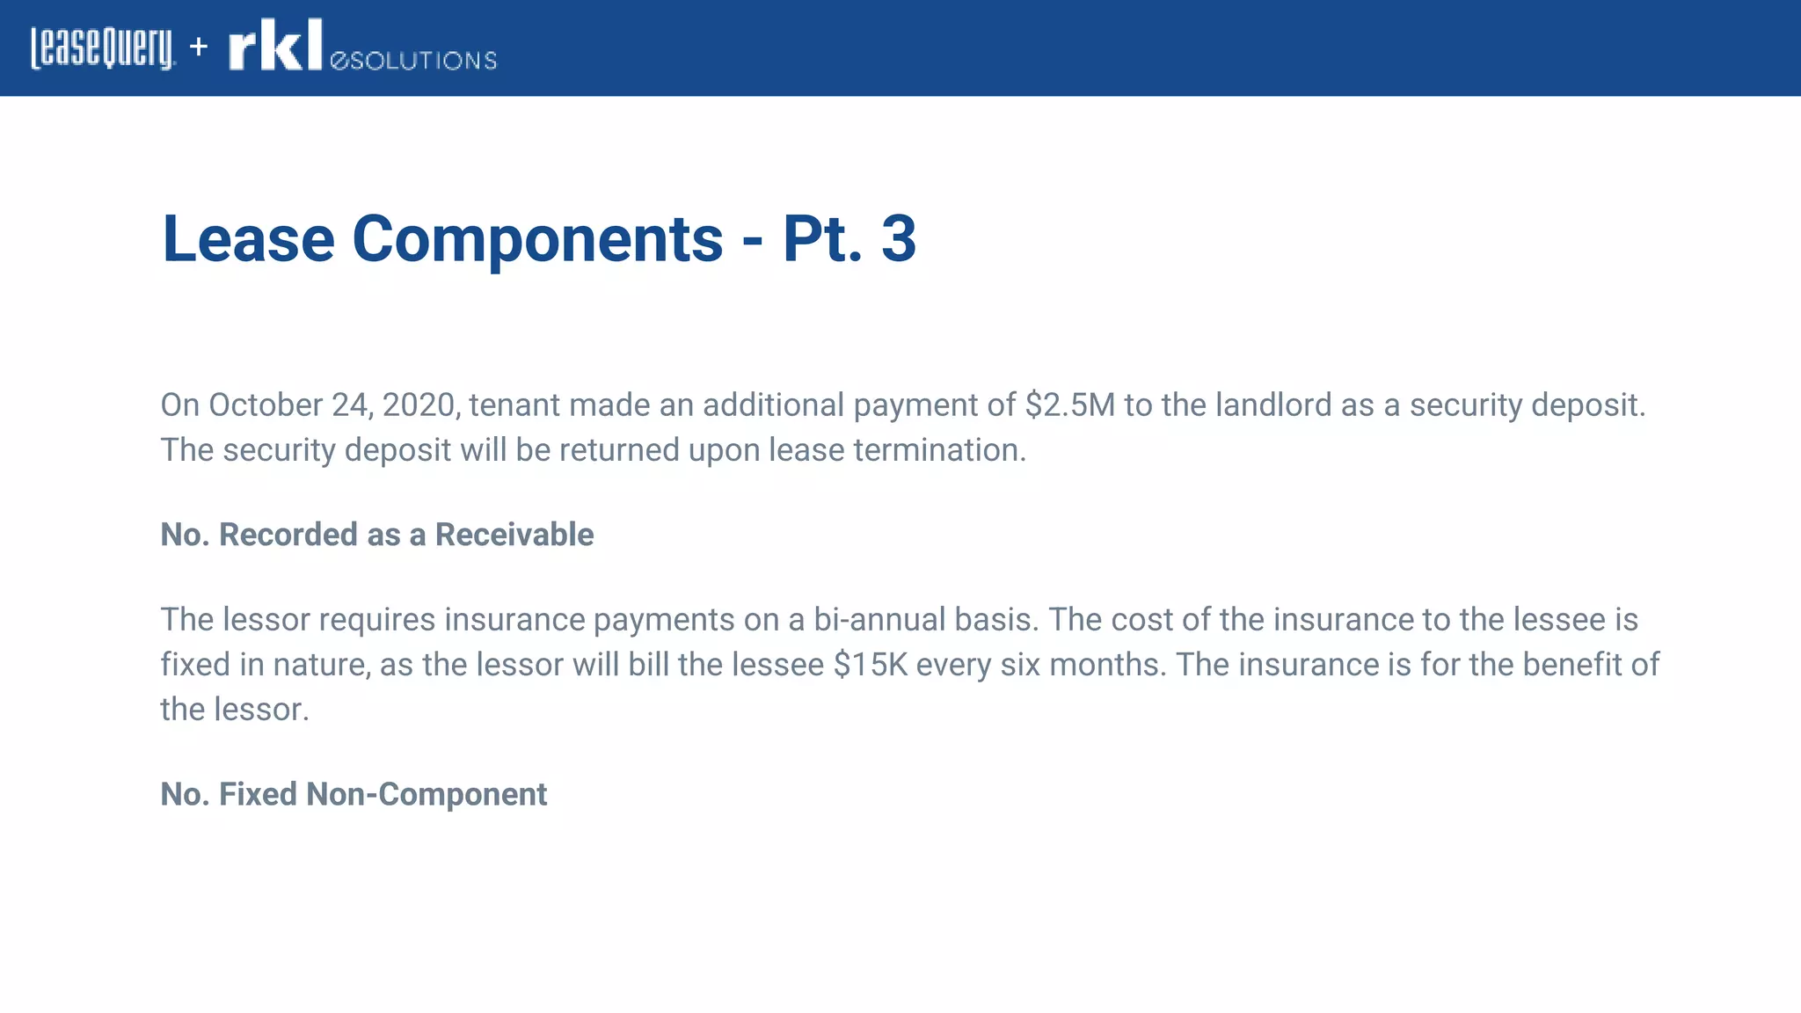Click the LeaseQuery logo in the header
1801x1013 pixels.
point(103,47)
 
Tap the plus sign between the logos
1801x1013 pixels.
point(199,46)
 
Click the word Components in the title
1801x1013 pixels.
point(537,239)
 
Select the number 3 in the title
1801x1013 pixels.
point(898,239)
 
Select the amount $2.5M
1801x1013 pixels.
point(1069,405)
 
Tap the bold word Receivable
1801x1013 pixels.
point(514,535)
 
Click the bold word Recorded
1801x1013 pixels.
point(299,535)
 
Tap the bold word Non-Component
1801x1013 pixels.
point(427,794)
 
